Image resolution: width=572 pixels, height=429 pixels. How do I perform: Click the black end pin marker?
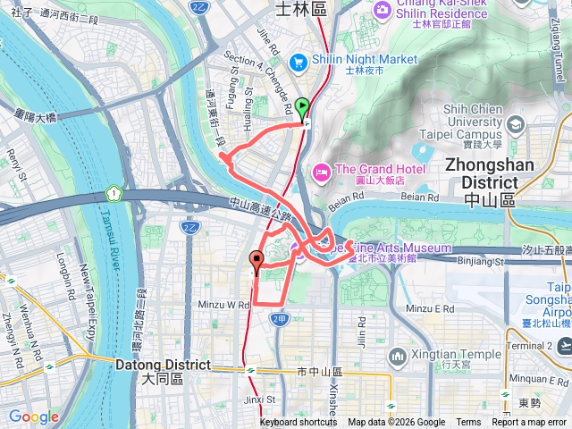(257, 262)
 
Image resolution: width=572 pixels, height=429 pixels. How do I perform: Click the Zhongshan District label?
(489, 173)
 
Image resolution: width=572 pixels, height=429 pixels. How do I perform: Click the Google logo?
(33, 416)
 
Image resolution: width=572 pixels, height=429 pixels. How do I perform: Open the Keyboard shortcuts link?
(299, 423)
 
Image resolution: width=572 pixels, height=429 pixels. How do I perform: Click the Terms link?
(468, 423)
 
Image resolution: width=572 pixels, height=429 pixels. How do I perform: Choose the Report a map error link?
(529, 423)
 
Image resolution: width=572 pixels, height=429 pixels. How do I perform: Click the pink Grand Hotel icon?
(320, 171)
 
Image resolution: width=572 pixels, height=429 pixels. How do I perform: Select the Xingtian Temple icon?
(398, 357)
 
